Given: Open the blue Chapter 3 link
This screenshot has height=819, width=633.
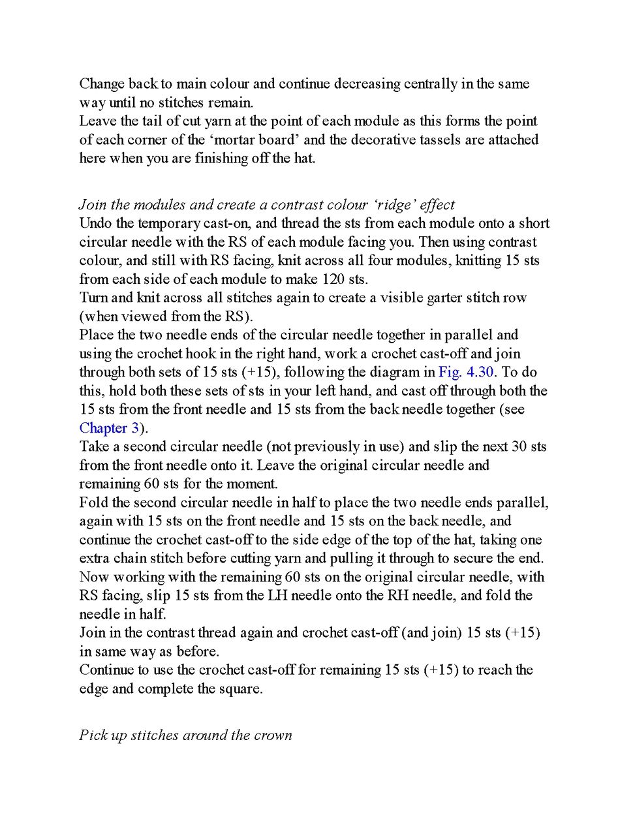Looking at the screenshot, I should [x=109, y=428].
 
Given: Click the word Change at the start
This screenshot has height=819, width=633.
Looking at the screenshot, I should [x=102, y=84].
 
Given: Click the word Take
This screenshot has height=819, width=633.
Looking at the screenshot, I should [x=93, y=446].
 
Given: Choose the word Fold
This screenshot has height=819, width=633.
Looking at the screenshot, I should [x=93, y=502].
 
